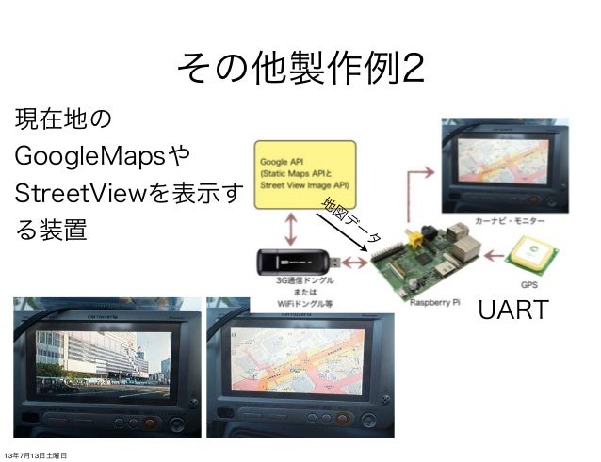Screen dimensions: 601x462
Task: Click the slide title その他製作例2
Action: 300,68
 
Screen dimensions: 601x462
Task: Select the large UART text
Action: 513,310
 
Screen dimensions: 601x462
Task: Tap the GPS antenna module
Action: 533,255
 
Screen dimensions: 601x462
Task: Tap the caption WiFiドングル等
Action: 300,302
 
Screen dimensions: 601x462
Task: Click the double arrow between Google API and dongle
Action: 293,228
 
